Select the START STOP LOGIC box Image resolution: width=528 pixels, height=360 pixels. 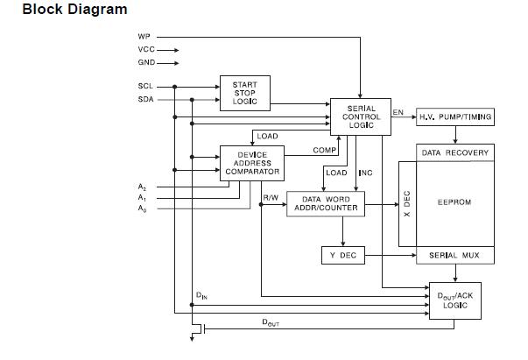[x=244, y=93]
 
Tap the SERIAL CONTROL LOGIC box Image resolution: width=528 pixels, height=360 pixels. [x=360, y=116]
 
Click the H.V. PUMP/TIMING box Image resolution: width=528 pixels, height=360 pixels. [x=454, y=116]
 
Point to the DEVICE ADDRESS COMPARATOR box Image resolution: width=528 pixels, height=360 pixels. [x=252, y=163]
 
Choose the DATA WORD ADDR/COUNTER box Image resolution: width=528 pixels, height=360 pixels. [x=325, y=204]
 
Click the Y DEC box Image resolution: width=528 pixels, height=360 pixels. [x=342, y=255]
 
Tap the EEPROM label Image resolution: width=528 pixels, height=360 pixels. [x=454, y=202]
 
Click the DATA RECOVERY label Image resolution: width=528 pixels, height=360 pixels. [x=454, y=152]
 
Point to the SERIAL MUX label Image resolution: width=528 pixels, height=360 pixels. [x=454, y=255]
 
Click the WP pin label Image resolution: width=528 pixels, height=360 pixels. [x=144, y=37]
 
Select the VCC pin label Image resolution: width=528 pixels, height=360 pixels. [x=145, y=50]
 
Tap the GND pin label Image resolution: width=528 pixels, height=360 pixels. [x=145, y=63]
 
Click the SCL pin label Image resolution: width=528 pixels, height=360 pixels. [x=144, y=86]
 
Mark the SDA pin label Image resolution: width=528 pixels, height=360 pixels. [x=144, y=99]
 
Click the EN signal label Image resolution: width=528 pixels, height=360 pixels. [x=398, y=112]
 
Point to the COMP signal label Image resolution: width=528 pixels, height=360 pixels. [x=325, y=151]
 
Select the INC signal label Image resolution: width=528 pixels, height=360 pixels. [x=366, y=173]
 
